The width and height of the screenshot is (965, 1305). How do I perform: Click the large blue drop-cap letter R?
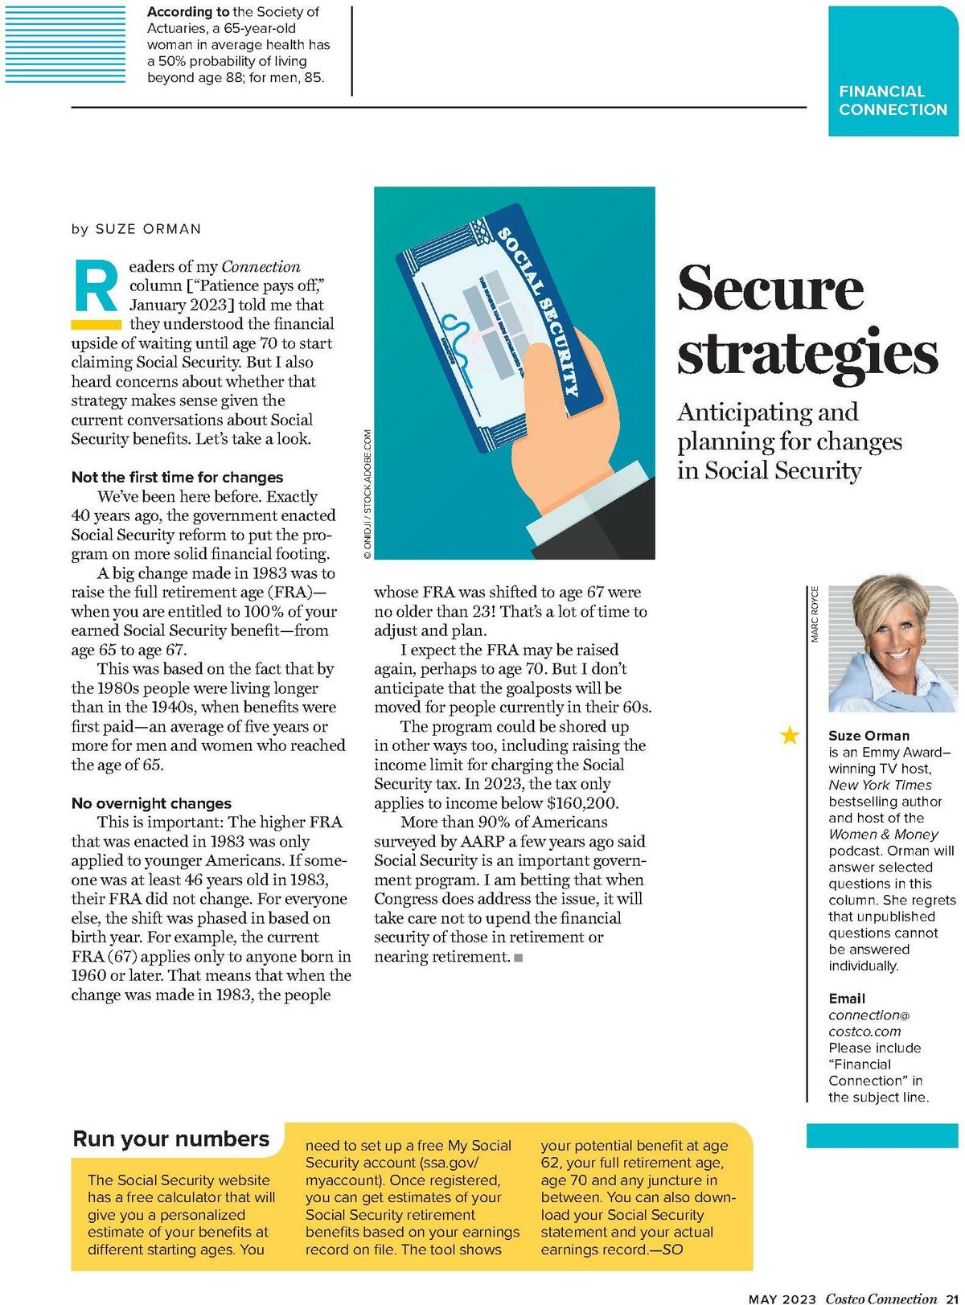coord(95,286)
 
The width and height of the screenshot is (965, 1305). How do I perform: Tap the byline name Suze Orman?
coord(148,229)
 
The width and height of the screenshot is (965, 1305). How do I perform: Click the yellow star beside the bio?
coord(790,735)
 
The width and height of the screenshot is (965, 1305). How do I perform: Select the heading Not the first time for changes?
coord(177,477)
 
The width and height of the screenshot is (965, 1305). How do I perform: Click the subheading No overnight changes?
coord(151,802)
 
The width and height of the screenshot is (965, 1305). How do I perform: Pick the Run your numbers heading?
coord(170,1139)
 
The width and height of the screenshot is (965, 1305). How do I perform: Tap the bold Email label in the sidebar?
coord(847,998)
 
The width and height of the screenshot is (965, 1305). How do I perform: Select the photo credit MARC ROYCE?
coord(814,614)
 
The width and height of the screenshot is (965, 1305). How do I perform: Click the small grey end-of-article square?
coord(518,958)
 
